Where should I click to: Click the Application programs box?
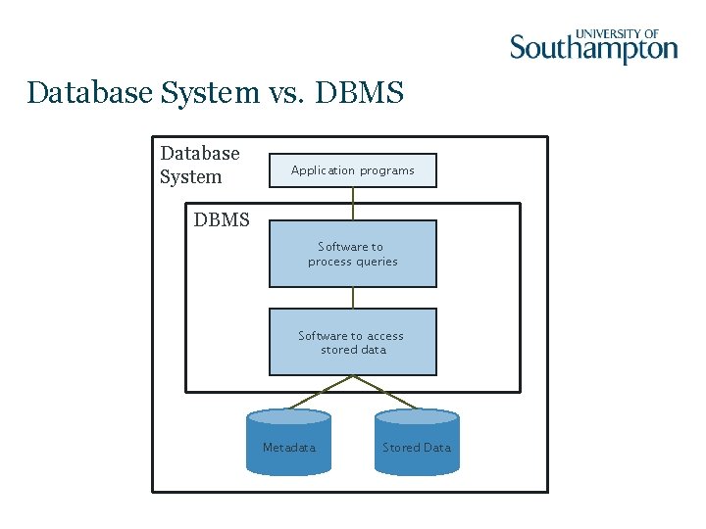pos(353,170)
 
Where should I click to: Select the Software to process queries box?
pos(353,254)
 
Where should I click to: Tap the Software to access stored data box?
pos(353,342)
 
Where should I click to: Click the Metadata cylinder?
pos(289,444)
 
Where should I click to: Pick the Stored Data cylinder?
pos(417,444)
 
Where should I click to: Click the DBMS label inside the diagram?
pos(222,220)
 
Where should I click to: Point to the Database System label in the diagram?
pos(200,165)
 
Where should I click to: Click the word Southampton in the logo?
pos(593,47)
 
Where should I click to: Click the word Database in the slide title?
pos(88,93)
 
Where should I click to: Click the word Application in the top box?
pos(323,170)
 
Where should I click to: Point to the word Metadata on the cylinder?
pos(289,448)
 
